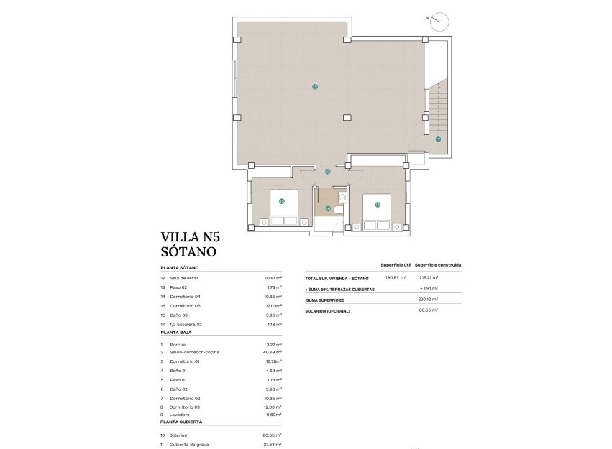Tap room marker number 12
pyautogui.click(x=315, y=86)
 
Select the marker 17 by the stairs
pyautogui.click(x=437, y=139)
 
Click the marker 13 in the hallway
pyautogui.click(x=327, y=172)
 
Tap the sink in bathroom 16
pyautogui.click(x=342, y=195)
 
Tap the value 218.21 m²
pyautogui.click(x=429, y=277)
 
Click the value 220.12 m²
pyautogui.click(x=429, y=300)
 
